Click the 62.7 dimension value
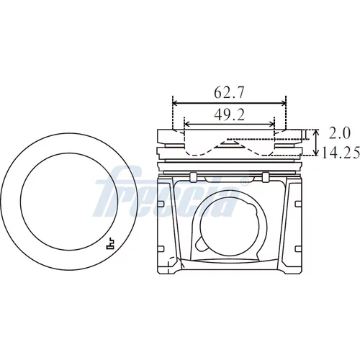pyautogui.click(x=229, y=93)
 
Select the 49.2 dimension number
pyautogui.click(x=230, y=114)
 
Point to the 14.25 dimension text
pyautogui.click(x=341, y=153)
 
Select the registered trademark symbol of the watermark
pyautogui.click(x=244, y=182)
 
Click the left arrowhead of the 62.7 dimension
pyautogui.click(x=175, y=103)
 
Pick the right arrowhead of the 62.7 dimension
pyautogui.click(x=284, y=103)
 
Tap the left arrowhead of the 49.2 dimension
pyautogui.click(x=186, y=124)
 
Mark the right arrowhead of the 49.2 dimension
pyautogui.click(x=271, y=124)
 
